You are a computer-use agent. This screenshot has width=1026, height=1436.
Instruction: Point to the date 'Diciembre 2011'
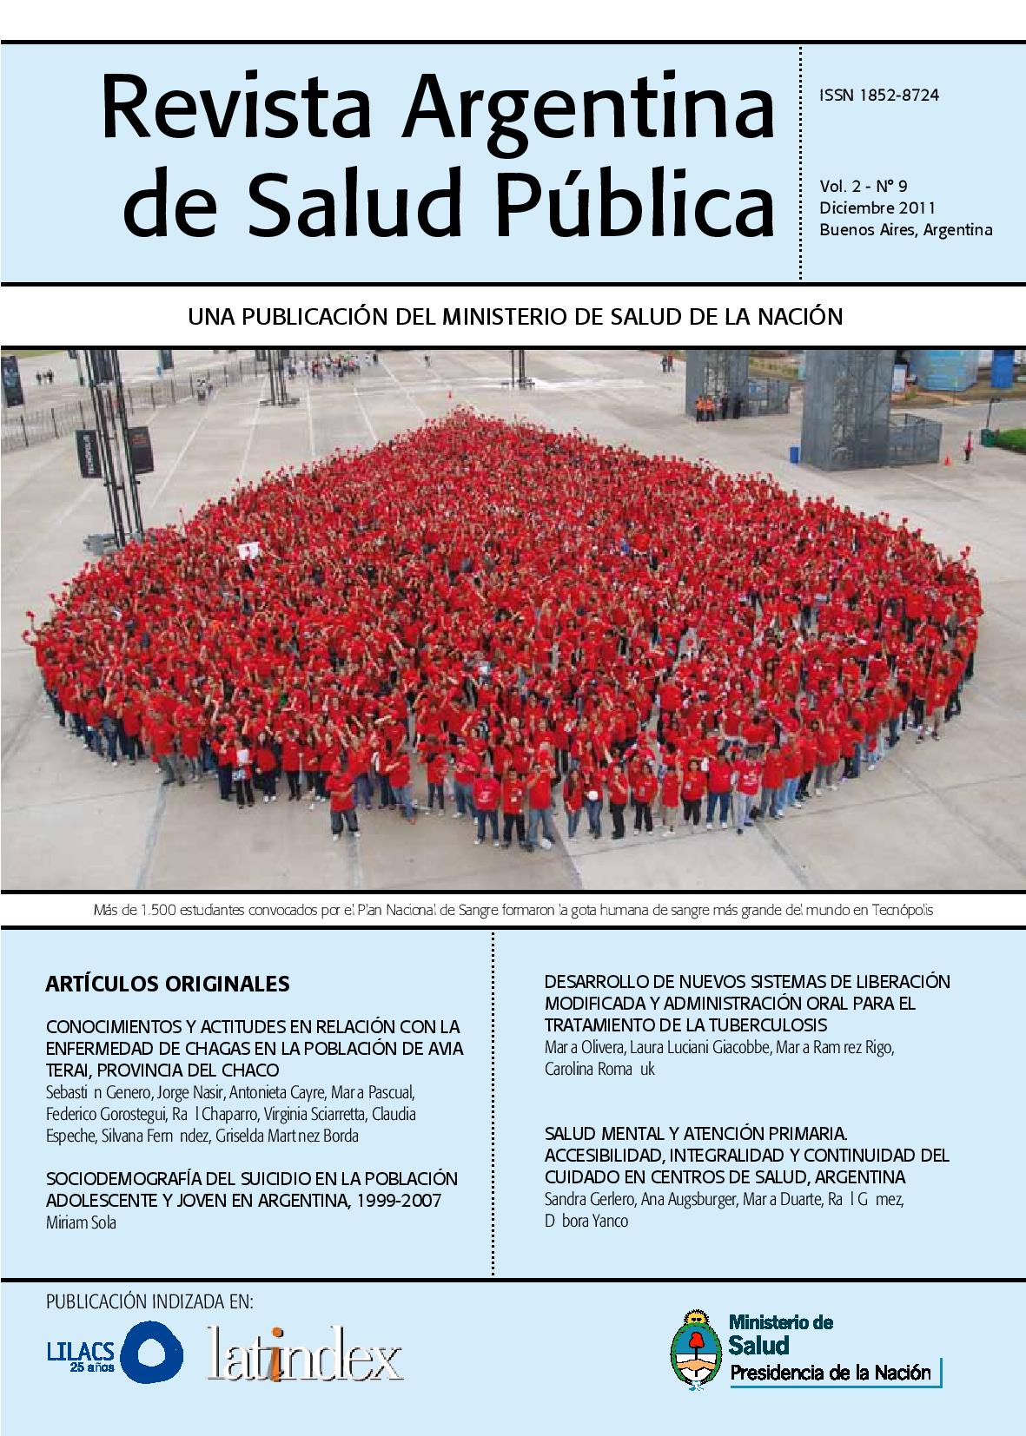click(x=877, y=207)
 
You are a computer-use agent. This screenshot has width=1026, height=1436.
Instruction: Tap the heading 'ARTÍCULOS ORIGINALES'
click(x=167, y=984)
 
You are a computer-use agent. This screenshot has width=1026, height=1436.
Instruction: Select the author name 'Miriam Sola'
click(x=80, y=1222)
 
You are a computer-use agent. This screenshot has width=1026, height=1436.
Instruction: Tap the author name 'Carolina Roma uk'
click(x=599, y=1069)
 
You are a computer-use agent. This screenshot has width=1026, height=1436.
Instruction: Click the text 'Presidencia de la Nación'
click(x=830, y=1373)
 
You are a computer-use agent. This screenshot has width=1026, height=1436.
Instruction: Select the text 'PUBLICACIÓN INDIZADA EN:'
click(x=149, y=1302)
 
